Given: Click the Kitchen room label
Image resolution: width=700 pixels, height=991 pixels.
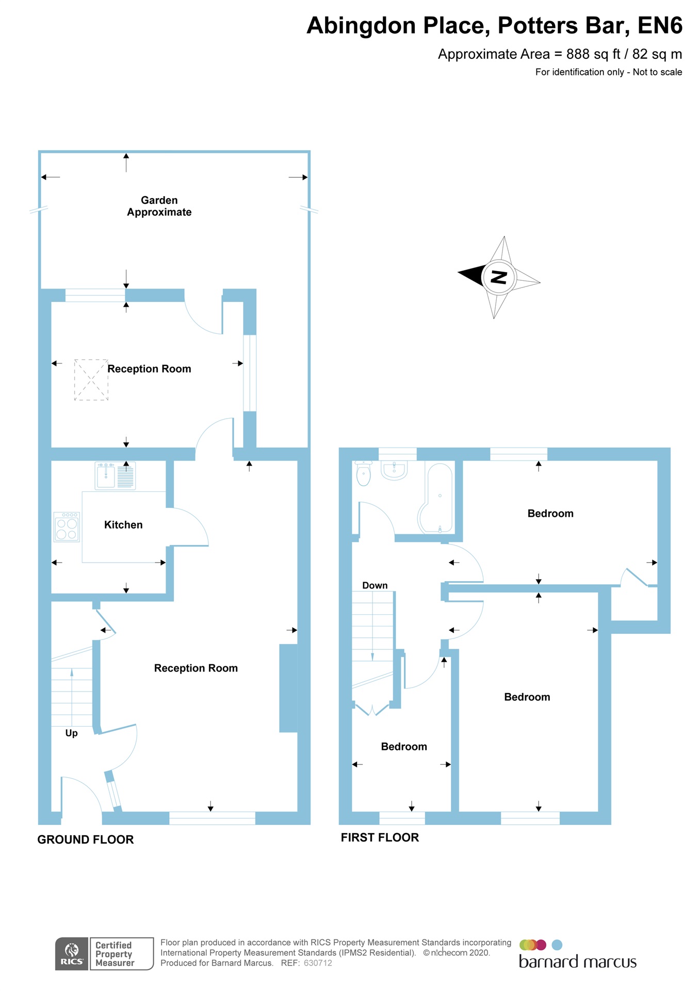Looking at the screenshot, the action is point(123,525).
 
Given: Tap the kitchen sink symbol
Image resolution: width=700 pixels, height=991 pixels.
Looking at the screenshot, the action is point(107,475).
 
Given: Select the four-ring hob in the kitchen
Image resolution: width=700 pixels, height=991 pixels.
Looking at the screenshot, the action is point(67,527).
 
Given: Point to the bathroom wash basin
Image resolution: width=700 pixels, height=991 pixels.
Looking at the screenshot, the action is point(394,470).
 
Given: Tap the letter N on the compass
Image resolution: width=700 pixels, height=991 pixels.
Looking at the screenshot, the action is point(498,277).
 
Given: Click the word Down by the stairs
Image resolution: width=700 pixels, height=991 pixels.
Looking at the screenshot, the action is point(375,585).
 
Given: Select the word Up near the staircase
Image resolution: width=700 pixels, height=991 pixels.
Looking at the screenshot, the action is point(71,733).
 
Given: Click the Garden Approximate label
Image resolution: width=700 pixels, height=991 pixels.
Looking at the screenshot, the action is point(159,206).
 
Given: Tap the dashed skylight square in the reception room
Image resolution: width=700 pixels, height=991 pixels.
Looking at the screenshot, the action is point(91,380).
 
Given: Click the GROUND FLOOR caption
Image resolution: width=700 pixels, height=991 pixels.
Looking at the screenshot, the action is point(86,840).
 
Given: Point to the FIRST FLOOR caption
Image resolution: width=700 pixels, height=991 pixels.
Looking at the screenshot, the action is point(380,838).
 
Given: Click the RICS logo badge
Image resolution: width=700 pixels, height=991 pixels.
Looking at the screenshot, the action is point(72,954).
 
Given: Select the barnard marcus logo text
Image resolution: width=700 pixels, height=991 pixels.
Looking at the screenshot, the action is point(577,962).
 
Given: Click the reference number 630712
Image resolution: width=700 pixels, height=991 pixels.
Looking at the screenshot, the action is point(318,963).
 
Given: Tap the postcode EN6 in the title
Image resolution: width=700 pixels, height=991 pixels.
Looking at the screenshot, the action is point(660,26).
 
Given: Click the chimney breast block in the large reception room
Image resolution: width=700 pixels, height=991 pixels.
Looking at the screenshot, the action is point(288,688).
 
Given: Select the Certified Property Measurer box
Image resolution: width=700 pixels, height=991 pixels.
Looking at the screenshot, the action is point(122,954).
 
